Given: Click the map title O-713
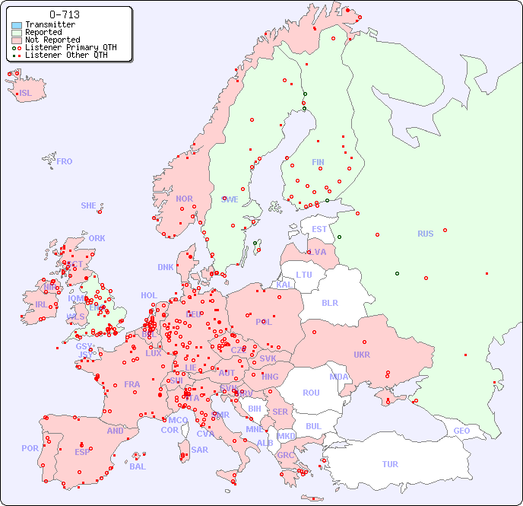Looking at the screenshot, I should [x=64, y=14].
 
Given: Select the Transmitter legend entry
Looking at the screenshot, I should [x=49, y=24].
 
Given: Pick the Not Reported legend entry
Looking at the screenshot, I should [x=52, y=40].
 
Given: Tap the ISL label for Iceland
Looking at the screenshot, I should [x=26, y=94].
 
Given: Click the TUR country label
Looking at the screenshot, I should [x=390, y=464].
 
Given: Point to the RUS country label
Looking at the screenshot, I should [x=425, y=234].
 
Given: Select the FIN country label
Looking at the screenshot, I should [x=318, y=162].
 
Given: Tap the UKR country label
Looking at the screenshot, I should [x=362, y=355].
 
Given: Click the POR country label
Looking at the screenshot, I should [x=30, y=448].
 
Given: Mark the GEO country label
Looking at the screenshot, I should [x=461, y=431].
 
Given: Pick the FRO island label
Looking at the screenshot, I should [x=65, y=161].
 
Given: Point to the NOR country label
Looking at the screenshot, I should [x=184, y=199].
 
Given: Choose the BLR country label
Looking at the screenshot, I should [x=329, y=302].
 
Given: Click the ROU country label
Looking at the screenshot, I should [x=311, y=393].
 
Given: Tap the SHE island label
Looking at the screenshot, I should [x=88, y=205].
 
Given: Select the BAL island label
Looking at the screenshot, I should [x=138, y=466].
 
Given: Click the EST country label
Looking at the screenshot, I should [x=319, y=229].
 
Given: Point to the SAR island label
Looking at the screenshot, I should [x=200, y=450].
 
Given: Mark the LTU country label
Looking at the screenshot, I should [x=304, y=275].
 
